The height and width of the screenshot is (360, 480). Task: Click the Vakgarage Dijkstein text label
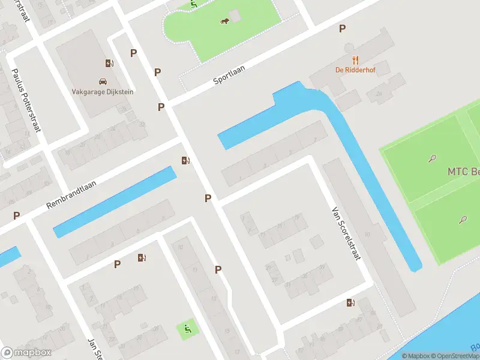[103, 92]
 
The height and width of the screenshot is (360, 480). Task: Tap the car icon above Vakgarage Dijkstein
[103, 81]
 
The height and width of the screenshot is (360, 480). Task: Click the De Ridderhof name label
[355, 69]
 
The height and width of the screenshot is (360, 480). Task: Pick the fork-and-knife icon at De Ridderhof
[355, 59]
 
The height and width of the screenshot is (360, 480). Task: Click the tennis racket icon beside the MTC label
[432, 159]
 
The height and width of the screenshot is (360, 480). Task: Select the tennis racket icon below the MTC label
[463, 220]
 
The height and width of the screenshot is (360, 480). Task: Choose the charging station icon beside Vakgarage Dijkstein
[109, 63]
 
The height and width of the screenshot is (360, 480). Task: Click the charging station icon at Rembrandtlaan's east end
[186, 160]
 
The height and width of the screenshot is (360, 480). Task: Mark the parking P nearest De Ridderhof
[342, 28]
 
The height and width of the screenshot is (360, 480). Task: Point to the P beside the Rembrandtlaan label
[17, 215]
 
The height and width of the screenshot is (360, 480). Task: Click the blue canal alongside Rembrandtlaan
[114, 202]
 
